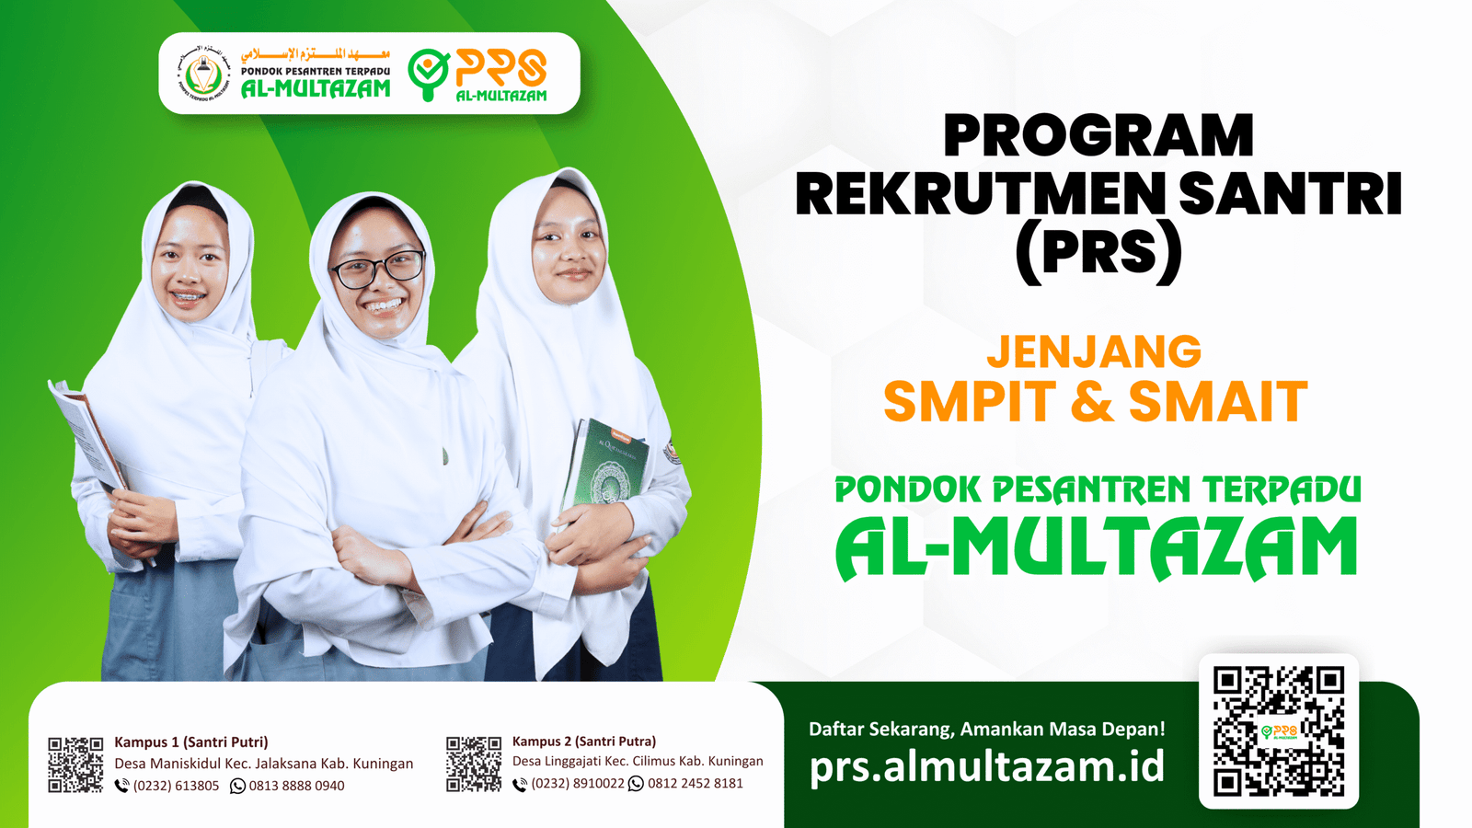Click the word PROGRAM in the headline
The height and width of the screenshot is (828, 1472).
point(1098,135)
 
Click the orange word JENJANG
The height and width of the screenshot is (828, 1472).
point(1094,351)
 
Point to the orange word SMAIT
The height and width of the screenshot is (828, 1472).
point(1218,401)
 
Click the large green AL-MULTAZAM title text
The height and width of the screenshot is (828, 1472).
point(1096,548)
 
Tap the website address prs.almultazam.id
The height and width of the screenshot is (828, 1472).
point(987,766)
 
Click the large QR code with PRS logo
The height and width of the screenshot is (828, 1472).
point(1279,731)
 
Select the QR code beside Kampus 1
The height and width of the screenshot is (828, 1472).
point(75,765)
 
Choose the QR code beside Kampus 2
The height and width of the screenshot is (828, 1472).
point(474,764)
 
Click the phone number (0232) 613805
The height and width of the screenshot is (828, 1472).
point(176,786)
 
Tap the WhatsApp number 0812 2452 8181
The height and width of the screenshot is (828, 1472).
point(696,783)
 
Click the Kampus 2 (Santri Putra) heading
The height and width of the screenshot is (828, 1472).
point(584,742)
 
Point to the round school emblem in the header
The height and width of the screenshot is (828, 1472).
point(204,73)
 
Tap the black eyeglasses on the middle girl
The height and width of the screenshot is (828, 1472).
point(377,269)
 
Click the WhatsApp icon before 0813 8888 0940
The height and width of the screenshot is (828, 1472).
point(237,786)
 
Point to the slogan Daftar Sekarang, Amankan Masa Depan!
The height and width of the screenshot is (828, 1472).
point(987,729)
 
